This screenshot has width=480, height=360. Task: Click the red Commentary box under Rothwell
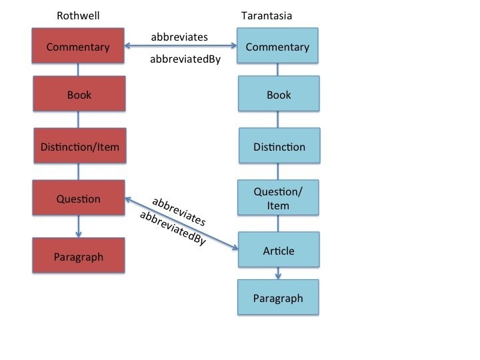click(x=79, y=47)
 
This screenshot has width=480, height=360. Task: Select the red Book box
click(x=79, y=95)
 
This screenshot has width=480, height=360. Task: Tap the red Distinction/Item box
click(x=79, y=146)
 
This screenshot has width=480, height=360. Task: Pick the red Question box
click(x=79, y=198)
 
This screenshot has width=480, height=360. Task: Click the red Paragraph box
click(x=79, y=257)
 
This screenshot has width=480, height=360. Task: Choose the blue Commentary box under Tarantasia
click(x=277, y=47)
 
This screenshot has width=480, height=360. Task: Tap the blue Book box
click(x=279, y=95)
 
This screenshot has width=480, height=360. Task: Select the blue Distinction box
click(x=279, y=147)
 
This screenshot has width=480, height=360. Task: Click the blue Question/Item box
click(x=279, y=199)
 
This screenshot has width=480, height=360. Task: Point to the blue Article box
click(x=279, y=251)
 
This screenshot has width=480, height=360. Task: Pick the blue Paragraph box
click(x=278, y=298)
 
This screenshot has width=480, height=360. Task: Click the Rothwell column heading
click(x=79, y=16)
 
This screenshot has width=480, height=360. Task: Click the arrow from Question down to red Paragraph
click(x=79, y=226)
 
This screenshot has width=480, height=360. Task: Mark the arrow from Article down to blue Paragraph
click(x=279, y=273)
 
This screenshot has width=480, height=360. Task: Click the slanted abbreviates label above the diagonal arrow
click(x=178, y=210)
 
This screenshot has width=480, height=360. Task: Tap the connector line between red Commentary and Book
click(x=79, y=70)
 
